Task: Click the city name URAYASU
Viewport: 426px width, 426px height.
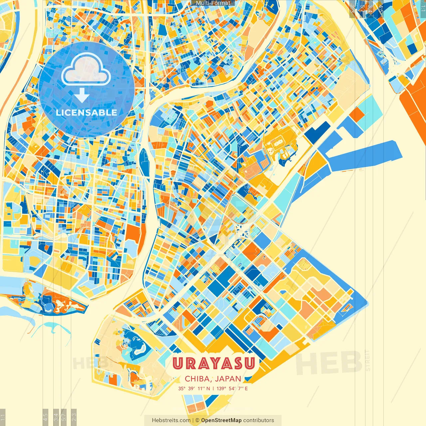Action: tap(213, 363)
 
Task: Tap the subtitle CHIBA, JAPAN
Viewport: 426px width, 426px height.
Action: tap(213, 379)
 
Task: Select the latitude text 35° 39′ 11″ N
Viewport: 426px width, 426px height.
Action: tap(194, 388)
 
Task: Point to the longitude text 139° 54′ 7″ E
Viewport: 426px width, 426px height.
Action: tap(232, 388)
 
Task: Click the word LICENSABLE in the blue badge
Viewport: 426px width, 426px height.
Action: tap(86, 112)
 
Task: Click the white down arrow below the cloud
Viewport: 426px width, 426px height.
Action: tap(82, 96)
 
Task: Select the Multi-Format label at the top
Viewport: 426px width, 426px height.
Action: tap(213, 3)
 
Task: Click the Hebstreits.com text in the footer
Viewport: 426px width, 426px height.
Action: tap(171, 420)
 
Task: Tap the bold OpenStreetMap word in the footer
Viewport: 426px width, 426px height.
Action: tap(221, 420)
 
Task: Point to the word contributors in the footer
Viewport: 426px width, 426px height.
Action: tap(259, 420)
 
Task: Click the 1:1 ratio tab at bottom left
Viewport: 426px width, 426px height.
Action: tap(3, 417)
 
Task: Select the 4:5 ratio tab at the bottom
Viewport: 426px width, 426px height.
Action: tap(45, 417)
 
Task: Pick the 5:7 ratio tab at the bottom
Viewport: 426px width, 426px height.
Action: tap(64, 417)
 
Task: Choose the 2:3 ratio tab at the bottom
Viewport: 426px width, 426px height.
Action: tap(74, 417)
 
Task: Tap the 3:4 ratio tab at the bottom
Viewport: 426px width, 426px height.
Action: tap(56, 417)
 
